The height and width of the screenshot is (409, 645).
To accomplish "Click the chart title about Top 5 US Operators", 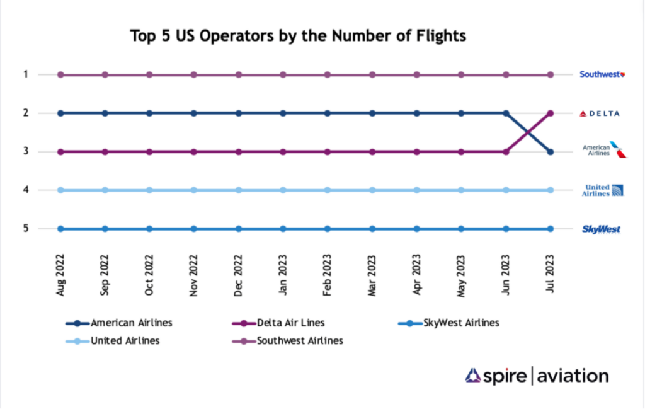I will click(x=297, y=36).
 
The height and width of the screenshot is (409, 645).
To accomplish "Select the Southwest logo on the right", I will click(x=602, y=74).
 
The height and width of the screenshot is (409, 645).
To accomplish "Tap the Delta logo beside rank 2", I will click(x=600, y=113).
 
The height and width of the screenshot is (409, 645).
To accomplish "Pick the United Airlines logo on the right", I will click(x=602, y=190).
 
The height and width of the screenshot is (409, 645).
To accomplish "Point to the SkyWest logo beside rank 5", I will click(x=601, y=229).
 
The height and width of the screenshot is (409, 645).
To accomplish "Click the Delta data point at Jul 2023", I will click(x=551, y=113).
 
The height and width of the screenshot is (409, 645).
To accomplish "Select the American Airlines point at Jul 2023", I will click(x=551, y=152).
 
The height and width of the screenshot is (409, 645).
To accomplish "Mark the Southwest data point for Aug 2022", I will click(x=60, y=74).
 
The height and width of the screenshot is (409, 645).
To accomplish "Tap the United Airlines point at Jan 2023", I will click(x=283, y=190).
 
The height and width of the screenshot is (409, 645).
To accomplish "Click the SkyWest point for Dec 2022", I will click(x=239, y=229).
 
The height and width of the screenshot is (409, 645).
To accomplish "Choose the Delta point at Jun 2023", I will click(x=506, y=152).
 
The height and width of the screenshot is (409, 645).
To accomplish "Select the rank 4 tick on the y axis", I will click(x=26, y=190).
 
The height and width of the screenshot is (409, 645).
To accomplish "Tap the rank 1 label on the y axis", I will click(x=26, y=74).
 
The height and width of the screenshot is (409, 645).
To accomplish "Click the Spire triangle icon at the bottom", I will click(x=473, y=376).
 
